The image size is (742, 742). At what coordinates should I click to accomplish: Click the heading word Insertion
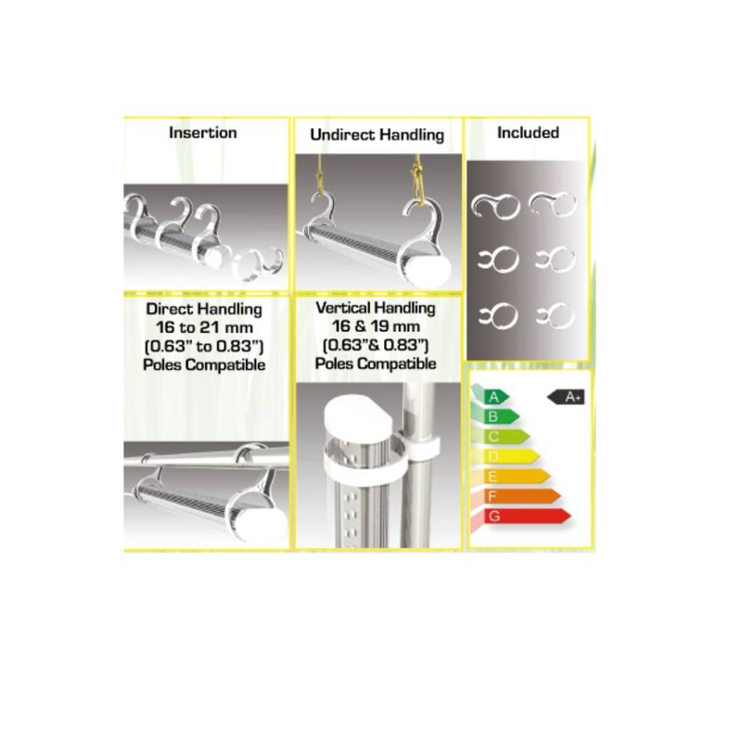coord(203,133)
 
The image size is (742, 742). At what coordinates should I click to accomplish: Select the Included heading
coord(528,133)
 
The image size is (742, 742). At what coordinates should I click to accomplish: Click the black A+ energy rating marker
coord(566,397)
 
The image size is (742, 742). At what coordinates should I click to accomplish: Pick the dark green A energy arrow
coord(495,397)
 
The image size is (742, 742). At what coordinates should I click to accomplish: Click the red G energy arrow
coord(526,516)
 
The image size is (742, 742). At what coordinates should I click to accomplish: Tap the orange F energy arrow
coord(521,496)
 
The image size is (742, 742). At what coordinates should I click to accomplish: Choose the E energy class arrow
coord(517,476)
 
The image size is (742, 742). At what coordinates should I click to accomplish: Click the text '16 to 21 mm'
coord(204,327)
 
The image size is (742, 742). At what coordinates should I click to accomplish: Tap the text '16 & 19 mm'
coord(376,326)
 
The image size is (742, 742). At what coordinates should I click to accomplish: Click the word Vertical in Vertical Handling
coord(343,308)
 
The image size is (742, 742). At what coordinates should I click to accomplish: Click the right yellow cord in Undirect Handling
coord(417,178)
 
